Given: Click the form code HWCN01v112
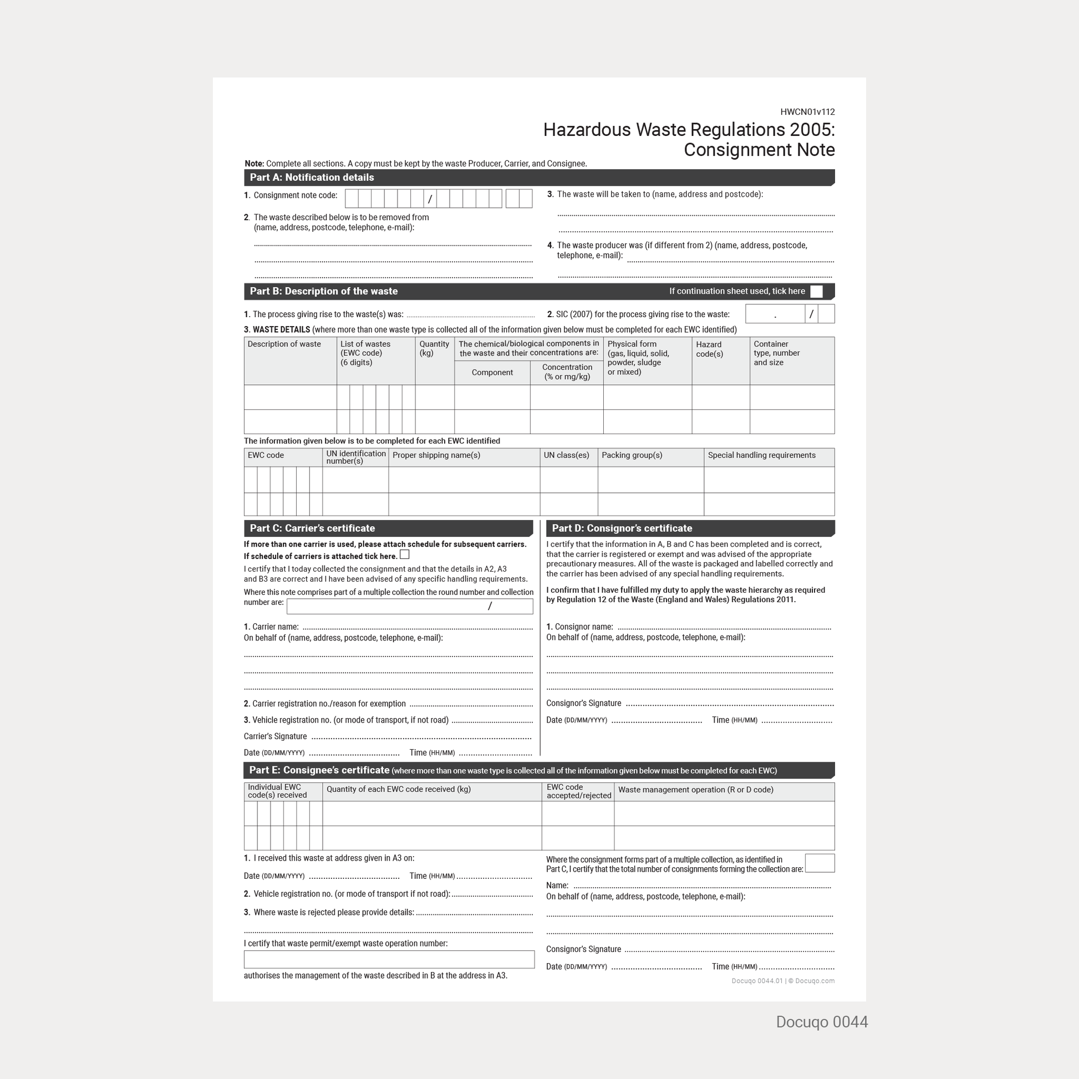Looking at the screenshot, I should (x=807, y=111).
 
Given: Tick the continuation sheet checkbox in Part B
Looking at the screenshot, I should (x=816, y=292).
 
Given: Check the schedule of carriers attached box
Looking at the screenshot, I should (x=405, y=554).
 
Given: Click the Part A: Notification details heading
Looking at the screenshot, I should (x=312, y=177).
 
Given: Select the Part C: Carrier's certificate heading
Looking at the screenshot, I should (x=312, y=528).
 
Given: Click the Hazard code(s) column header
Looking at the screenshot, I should (x=709, y=349).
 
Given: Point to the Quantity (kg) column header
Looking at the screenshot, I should (x=434, y=349).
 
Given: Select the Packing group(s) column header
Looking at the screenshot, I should (x=632, y=455).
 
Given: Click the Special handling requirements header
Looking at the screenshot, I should (x=761, y=455).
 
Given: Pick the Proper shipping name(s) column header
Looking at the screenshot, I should (x=436, y=455).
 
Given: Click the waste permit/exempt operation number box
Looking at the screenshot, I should (x=389, y=959).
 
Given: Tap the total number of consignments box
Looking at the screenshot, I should (x=820, y=863).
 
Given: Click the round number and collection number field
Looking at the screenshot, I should (x=409, y=606).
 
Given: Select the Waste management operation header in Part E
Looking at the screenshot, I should (x=695, y=790).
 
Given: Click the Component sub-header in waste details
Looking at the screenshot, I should (x=492, y=373).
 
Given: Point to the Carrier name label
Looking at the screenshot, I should (x=275, y=627).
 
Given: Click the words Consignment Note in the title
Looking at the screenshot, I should (x=759, y=150).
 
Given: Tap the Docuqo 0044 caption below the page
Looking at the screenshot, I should (x=822, y=1022).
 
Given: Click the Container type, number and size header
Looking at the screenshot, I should (x=776, y=353).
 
